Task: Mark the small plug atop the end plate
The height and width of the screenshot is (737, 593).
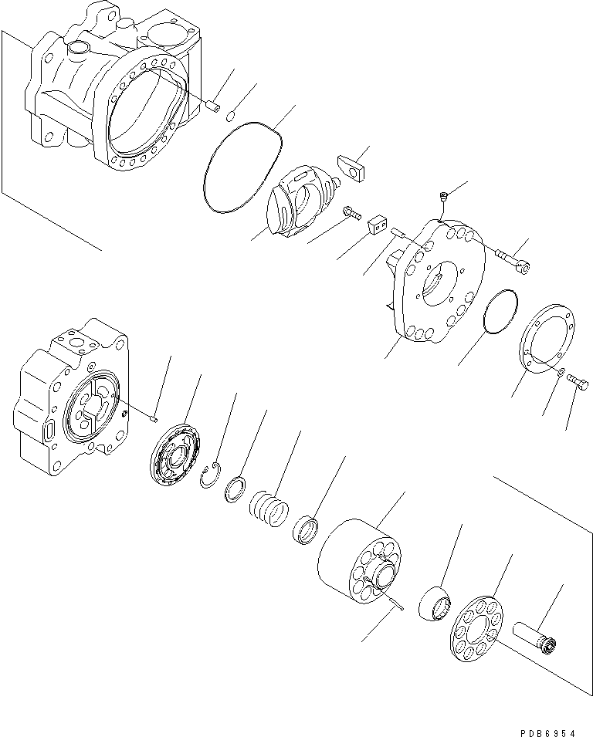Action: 443,198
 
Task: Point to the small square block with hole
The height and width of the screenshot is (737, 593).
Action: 377,224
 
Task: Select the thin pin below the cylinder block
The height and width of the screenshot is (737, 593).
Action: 398,605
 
